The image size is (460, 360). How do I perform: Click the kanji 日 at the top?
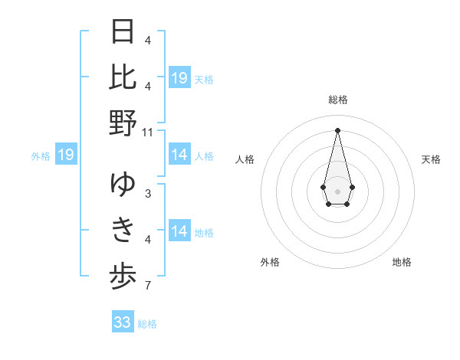(123, 33)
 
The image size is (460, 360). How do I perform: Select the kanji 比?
(123, 77)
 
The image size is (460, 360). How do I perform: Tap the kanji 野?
(123, 123)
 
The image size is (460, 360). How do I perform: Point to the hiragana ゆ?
(123, 184)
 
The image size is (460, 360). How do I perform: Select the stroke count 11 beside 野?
(148, 132)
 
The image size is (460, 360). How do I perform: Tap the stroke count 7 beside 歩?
(148, 286)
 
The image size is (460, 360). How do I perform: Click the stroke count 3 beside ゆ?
(148, 193)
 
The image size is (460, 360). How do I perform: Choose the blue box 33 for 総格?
(123, 322)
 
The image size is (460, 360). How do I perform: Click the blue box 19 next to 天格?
(179, 78)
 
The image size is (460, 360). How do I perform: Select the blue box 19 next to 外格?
(66, 155)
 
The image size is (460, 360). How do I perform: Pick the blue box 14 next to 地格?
(179, 232)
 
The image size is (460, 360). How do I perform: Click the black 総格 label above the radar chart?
(337, 100)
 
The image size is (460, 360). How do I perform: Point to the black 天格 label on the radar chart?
(432, 159)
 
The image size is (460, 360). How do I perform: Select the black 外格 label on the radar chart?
(270, 262)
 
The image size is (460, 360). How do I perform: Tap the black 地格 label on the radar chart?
(402, 262)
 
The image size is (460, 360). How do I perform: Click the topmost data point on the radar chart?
(337, 129)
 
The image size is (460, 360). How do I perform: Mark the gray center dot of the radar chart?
(337, 190)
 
